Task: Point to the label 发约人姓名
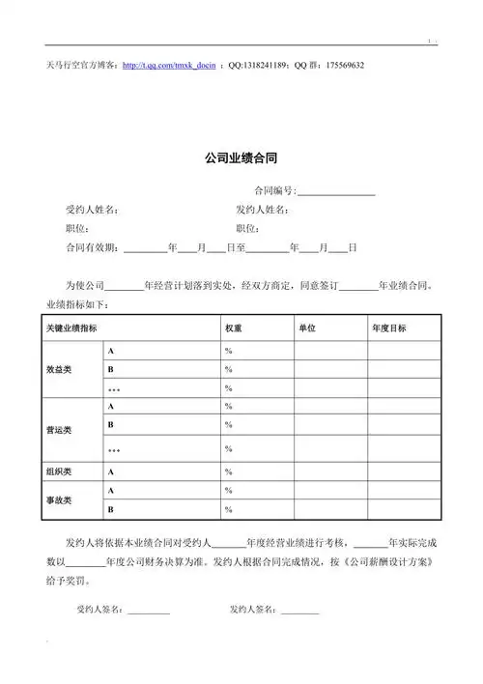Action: click(263, 210)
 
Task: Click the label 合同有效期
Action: click(93, 248)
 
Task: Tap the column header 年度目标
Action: click(388, 328)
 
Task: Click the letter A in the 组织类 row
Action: click(111, 471)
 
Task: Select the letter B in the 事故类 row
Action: click(111, 509)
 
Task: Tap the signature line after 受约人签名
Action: click(149, 611)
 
